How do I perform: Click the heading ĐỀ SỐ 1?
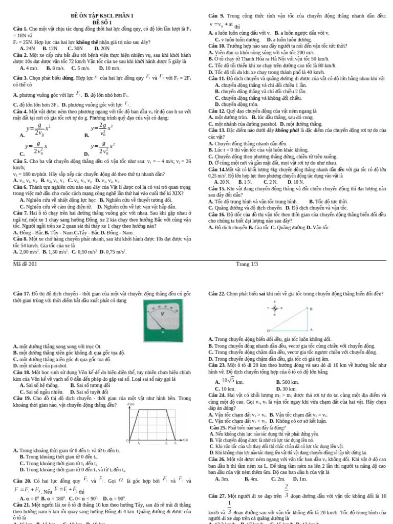[102, 23]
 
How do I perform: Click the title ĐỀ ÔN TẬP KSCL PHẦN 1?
[102, 16]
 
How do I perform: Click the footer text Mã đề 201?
[25, 264]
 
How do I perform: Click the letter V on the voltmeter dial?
[163, 314]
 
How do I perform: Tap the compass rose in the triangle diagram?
[275, 308]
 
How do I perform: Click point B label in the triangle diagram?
[311, 309]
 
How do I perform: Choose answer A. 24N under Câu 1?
[28, 48]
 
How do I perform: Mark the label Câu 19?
[21, 398]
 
